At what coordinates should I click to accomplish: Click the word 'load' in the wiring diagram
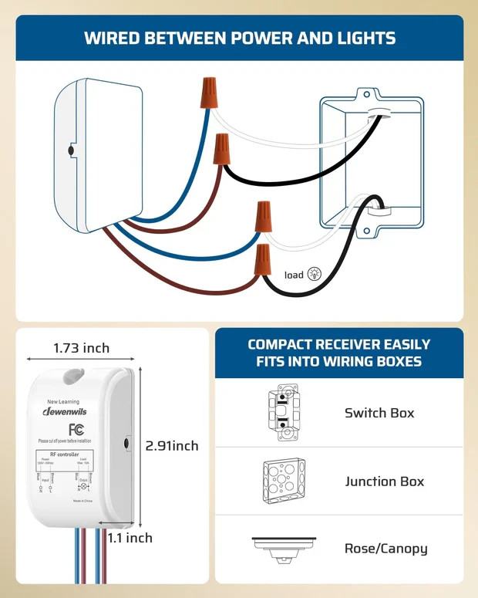tap(294, 275)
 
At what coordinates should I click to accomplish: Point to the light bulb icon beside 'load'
tap(314, 274)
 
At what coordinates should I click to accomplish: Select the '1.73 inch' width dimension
tap(81, 348)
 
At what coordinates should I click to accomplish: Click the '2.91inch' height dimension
tap(172, 446)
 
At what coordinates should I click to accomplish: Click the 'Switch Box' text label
tap(379, 413)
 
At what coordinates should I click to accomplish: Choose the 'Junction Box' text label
tap(384, 481)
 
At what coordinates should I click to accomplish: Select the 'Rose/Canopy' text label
tap(385, 549)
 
